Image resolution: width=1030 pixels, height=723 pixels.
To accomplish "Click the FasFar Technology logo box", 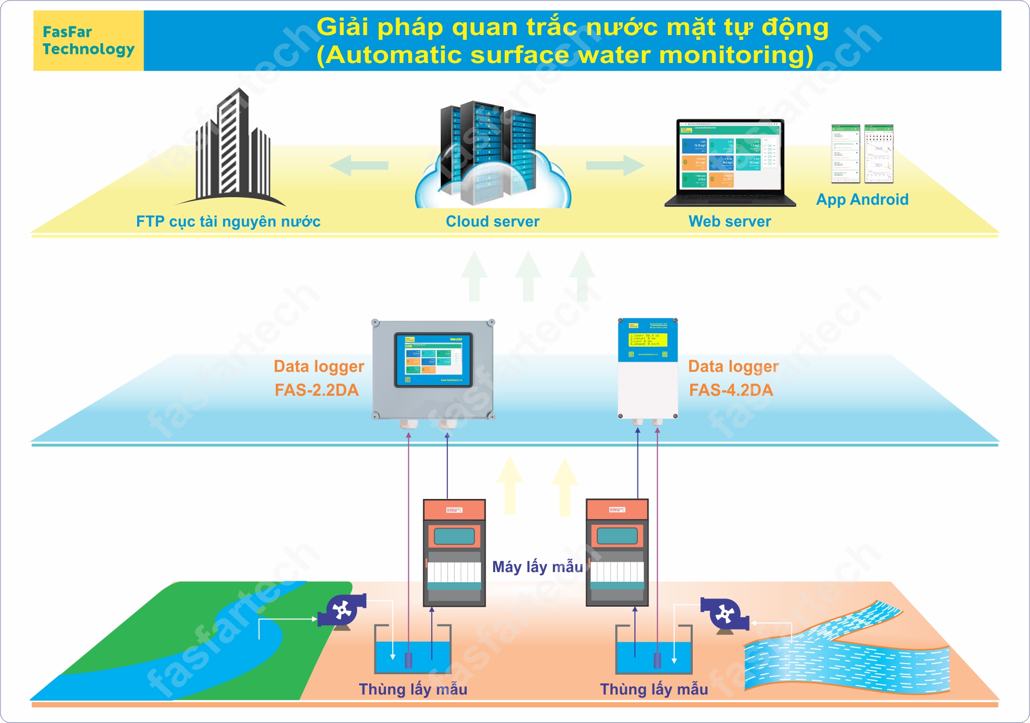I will click(88, 41).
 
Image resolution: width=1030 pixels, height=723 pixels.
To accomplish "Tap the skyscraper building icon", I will click(234, 147).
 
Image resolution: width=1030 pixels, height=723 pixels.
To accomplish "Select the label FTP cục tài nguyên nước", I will click(228, 222).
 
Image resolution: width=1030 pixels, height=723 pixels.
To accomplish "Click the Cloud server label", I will click(492, 222).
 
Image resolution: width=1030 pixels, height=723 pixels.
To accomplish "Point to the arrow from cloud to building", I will click(359, 165).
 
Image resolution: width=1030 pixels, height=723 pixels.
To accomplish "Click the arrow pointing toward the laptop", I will click(615, 165).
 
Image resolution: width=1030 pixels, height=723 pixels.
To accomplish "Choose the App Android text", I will click(862, 199).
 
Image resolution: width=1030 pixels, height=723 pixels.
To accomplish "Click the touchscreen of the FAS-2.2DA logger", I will click(433, 360).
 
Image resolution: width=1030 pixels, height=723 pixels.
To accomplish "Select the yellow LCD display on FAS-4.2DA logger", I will click(648, 340).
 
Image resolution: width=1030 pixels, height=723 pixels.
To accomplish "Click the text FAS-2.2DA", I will click(316, 390).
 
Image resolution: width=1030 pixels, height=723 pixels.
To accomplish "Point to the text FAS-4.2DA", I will click(730, 390).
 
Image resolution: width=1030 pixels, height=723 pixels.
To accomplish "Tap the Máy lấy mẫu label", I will click(537, 567).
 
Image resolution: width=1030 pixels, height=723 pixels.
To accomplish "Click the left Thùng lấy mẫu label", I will click(412, 689).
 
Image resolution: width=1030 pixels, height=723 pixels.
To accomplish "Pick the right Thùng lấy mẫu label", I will click(654, 689).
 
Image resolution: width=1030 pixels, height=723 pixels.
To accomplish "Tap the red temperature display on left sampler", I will click(454, 510).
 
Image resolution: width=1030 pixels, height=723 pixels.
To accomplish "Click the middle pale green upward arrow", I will click(528, 277).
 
